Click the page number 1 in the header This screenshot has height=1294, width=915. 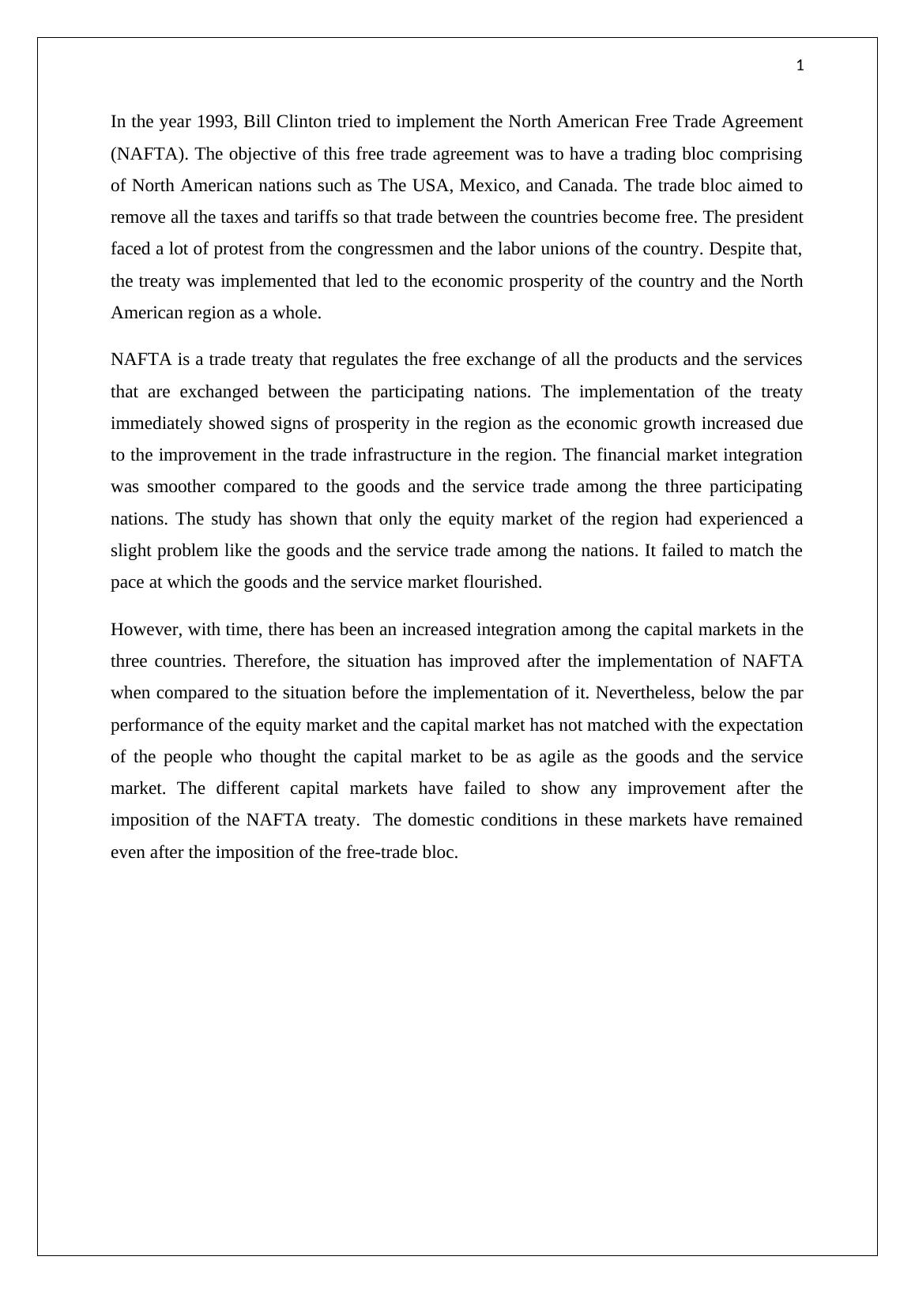point(800,66)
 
